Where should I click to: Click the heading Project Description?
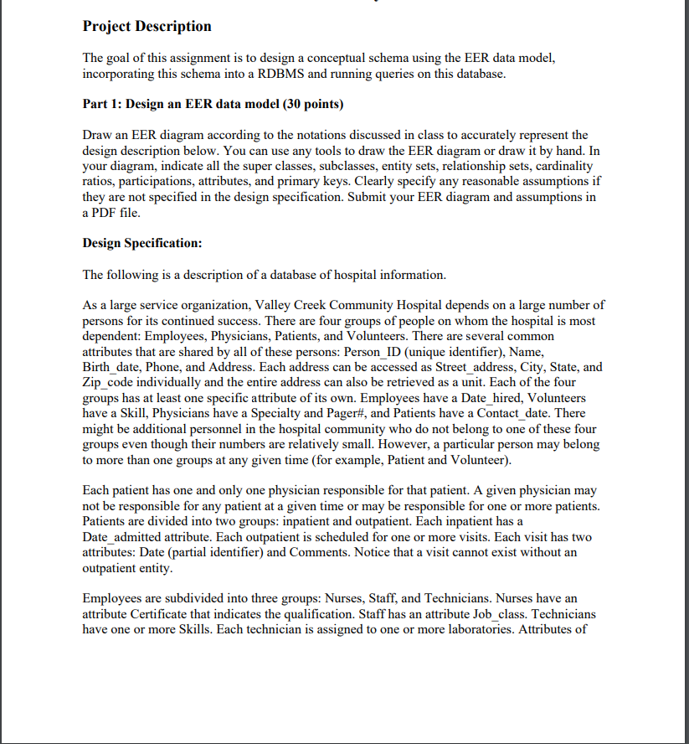click(147, 26)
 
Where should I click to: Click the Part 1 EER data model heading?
click(213, 104)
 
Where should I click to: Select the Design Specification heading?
click(142, 243)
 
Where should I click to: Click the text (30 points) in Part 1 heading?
click(313, 104)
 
